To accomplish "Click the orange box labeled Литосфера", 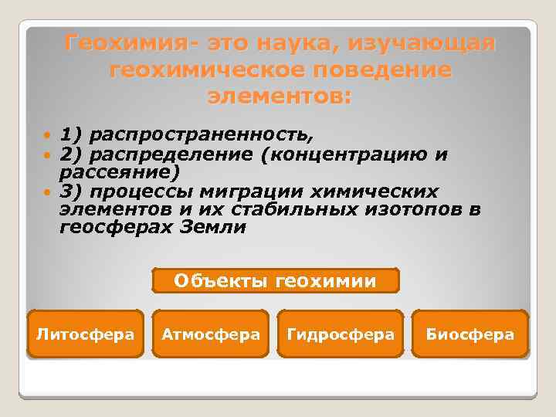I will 85,334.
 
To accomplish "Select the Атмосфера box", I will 211,334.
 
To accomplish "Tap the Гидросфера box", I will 340,334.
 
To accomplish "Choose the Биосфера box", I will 470,334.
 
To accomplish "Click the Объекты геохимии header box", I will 276,280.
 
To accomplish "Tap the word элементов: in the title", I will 279,97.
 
